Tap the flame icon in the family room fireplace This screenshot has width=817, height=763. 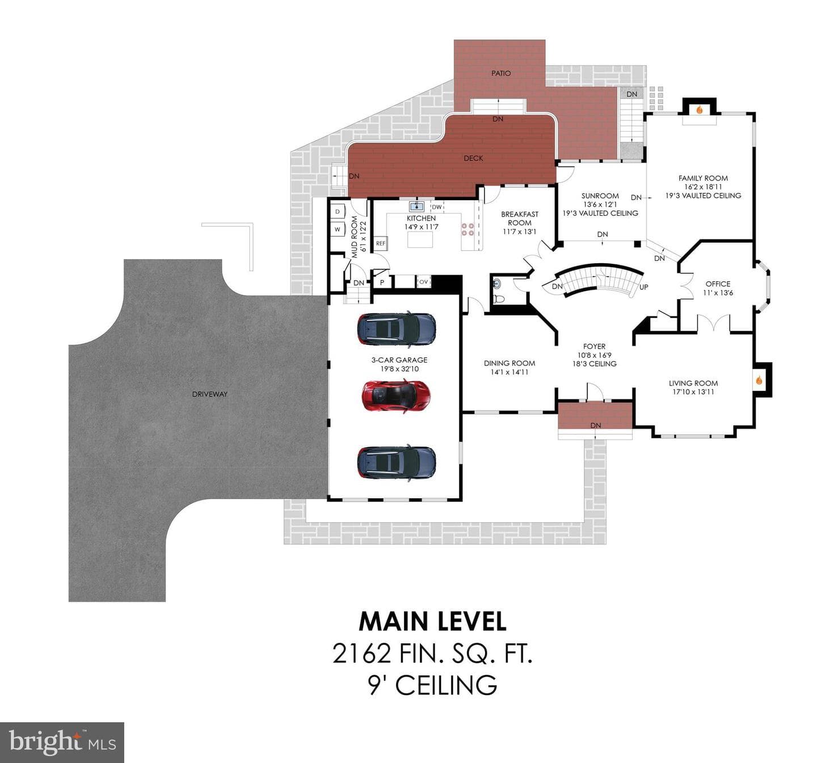coord(700,110)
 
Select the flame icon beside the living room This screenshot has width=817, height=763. coord(759,381)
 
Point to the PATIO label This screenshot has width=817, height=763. coord(501,73)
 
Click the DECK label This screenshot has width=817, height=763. coord(473,158)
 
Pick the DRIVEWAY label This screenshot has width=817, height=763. coord(210,394)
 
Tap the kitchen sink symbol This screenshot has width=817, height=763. coord(417,206)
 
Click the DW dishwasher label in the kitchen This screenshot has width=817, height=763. coord(436,207)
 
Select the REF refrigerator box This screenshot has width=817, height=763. coord(381,243)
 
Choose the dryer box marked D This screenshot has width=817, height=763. coord(338,212)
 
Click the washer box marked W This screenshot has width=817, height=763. coord(338,230)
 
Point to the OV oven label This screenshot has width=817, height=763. coord(423,282)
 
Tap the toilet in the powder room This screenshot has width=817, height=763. coord(499,298)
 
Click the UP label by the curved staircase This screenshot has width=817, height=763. coord(644,287)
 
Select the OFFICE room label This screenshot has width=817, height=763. coord(718,284)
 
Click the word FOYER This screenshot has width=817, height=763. coord(594,347)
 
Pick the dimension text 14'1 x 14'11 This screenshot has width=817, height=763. coord(509,372)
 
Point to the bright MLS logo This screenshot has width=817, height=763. coord(62,743)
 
